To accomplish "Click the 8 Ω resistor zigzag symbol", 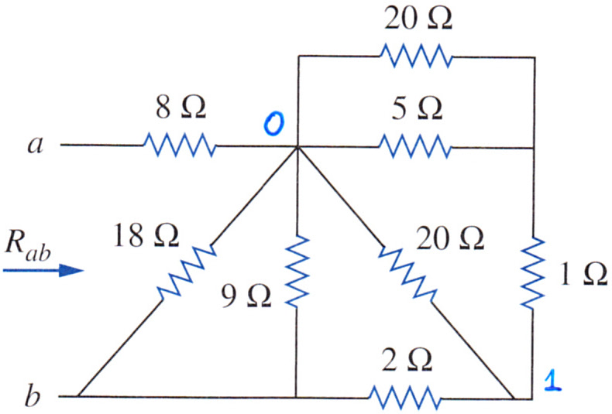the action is coord(180,145).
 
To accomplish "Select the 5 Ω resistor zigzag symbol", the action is coord(415,146).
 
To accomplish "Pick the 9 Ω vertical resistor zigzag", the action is coord(297,272).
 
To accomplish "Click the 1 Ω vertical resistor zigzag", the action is coord(533,274).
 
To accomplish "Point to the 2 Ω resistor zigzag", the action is coord(404,397).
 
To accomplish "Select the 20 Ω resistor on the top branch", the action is coord(416,56).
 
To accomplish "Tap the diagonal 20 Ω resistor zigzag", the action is coord(407,273).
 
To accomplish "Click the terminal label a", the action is coord(36,145).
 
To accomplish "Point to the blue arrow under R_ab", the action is coord(43,270).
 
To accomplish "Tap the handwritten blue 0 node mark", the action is coord(274,124).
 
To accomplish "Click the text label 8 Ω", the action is coord(181,108).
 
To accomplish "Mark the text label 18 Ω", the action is coord(146,235).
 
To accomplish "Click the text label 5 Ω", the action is coord(417,108).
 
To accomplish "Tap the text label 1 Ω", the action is coord(583,273).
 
